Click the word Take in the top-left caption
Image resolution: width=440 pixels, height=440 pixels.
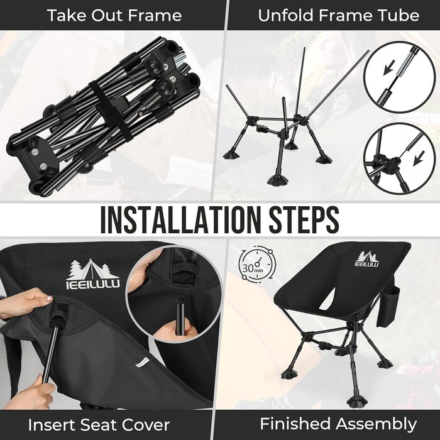click(66, 15)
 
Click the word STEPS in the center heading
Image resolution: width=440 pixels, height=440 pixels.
click(304, 220)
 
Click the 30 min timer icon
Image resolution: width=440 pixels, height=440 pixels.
click(256, 265)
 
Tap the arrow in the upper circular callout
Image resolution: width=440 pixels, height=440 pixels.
click(389, 67)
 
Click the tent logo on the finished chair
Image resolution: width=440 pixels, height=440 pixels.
click(367, 259)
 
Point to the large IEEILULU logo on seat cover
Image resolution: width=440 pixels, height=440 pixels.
click(93, 275)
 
